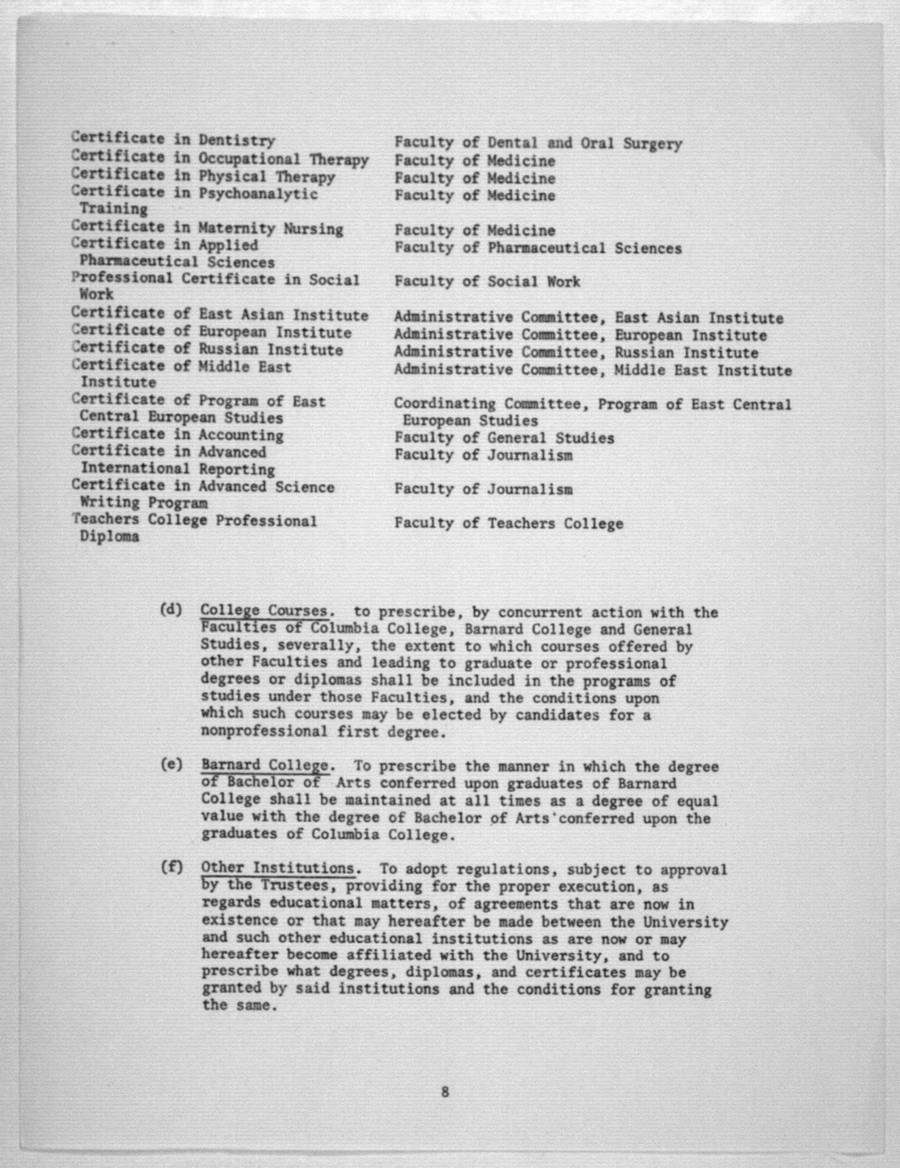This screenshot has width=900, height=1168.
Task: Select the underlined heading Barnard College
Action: click(x=265, y=765)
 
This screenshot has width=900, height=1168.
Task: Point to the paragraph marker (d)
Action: click(x=171, y=610)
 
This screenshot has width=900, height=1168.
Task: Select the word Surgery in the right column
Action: click(x=652, y=144)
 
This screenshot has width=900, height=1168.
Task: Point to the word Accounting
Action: click(x=241, y=435)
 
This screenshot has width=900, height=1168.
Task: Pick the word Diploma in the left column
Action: click(x=109, y=537)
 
